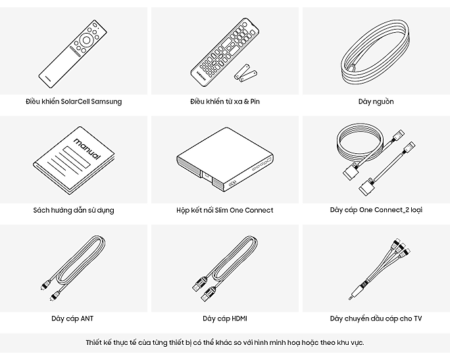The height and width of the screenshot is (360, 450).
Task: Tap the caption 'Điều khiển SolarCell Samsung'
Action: coord(74,101)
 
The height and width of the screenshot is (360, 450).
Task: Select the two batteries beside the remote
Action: coord(245,72)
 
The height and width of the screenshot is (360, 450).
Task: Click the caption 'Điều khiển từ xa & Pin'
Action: coord(225,101)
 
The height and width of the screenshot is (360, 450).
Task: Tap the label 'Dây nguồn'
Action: coord(376,101)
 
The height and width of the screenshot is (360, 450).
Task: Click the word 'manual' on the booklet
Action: coord(87,149)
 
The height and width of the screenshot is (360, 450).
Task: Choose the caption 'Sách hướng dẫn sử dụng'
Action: coord(74,211)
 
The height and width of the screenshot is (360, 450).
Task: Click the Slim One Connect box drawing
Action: coord(225,159)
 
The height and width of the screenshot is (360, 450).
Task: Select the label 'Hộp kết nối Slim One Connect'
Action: coord(225,210)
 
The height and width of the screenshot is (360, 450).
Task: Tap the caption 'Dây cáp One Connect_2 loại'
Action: coord(376,210)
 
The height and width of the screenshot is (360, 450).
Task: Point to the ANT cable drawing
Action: coord(73,268)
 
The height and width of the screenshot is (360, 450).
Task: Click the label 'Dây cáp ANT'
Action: coord(72,319)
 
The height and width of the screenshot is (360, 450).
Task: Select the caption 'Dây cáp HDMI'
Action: coord(225,319)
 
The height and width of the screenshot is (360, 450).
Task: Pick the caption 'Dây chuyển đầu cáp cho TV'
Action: coord(376,319)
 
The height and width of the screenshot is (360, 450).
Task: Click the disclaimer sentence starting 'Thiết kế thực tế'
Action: coord(225,342)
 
